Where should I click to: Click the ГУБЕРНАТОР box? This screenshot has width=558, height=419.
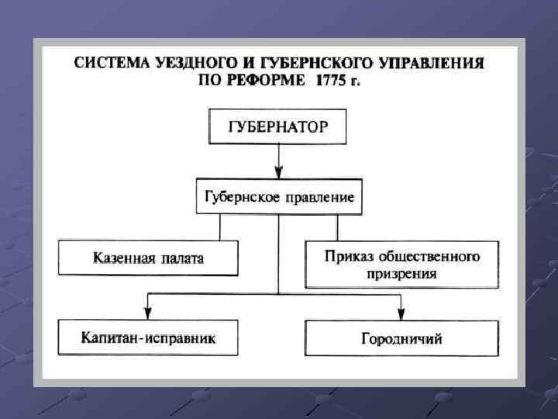[277, 126]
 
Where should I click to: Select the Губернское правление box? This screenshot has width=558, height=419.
[279, 197]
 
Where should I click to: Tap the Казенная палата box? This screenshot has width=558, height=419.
[148, 258]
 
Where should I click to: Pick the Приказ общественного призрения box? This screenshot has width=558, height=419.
[401, 264]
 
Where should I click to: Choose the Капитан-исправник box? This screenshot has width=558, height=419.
[148, 338]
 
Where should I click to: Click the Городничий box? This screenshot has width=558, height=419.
[401, 338]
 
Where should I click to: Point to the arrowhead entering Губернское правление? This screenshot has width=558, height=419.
[279, 174]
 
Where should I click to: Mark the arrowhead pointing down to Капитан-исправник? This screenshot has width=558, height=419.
[148, 313]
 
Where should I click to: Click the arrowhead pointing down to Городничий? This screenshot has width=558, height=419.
[401, 313]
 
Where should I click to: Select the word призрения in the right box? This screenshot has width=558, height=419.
[401, 274]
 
